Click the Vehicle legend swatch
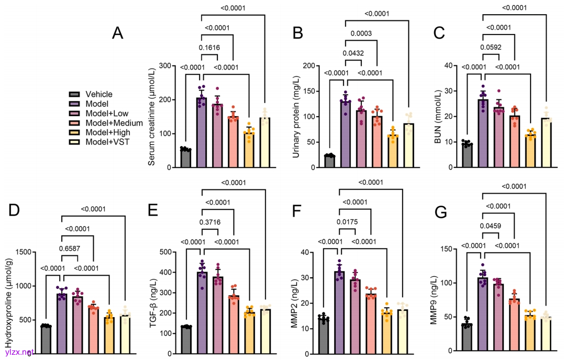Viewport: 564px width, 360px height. pos(74,94)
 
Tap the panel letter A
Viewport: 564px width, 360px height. pos(118,33)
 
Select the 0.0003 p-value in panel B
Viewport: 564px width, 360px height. pos(353,34)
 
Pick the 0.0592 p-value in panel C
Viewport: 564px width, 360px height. pos(491,48)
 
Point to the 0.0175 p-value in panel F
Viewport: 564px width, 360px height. pos(347,222)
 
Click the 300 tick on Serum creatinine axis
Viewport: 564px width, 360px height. pos(167,66)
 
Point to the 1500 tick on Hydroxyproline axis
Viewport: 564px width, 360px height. pos(22,252)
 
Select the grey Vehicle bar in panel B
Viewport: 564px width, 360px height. pos(330,161)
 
